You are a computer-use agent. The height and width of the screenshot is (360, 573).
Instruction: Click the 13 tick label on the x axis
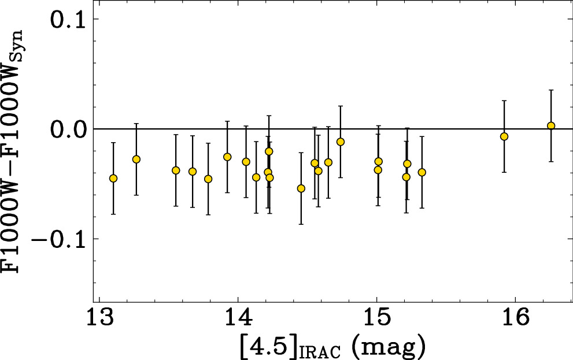click(99, 317)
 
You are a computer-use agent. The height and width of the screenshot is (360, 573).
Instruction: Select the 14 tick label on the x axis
click(238, 317)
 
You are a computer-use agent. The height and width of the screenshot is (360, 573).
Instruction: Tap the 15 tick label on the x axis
click(376, 317)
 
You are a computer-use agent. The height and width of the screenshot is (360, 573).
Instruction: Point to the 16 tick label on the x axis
click(515, 317)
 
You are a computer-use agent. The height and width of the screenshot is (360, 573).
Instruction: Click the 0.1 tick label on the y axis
click(68, 19)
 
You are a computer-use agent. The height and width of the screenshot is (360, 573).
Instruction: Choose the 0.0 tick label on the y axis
click(68, 129)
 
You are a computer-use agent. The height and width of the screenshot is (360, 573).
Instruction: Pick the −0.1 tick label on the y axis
click(59, 239)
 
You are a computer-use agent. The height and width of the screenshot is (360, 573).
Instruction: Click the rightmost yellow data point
click(551, 125)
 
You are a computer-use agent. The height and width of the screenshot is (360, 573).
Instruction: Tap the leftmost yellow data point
click(113, 178)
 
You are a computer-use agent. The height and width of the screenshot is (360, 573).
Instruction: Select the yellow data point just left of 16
click(504, 136)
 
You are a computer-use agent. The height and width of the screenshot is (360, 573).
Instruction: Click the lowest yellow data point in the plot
click(301, 188)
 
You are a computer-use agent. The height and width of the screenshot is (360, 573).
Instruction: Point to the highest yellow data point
click(551, 125)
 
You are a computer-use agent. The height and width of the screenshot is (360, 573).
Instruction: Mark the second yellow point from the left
click(136, 159)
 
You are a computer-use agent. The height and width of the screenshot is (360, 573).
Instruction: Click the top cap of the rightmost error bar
click(551, 90)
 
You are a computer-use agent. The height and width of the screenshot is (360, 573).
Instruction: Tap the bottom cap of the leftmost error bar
click(113, 214)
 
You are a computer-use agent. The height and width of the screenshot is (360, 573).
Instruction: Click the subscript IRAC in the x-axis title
click(320, 351)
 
